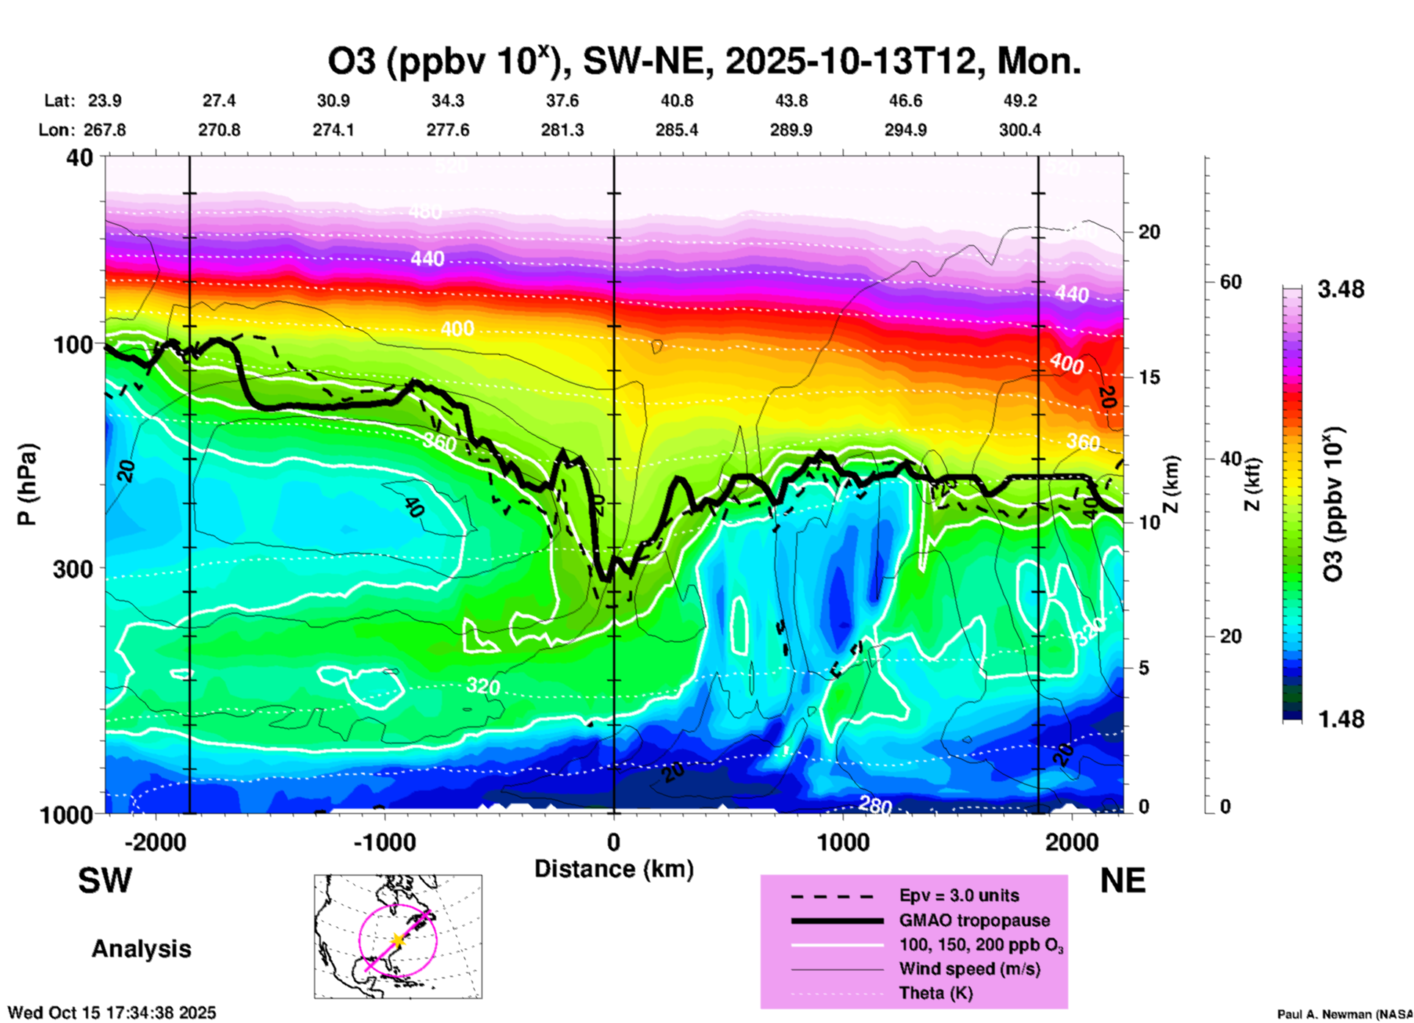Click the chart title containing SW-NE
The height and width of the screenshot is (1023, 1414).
tap(703, 62)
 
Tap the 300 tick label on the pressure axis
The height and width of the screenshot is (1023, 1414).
tap(73, 569)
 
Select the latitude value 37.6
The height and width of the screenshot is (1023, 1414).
tap(562, 101)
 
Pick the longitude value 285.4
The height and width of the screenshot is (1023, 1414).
tap(676, 130)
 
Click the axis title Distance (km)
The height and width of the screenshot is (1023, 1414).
tap(614, 869)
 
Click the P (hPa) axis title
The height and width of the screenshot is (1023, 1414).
tap(27, 484)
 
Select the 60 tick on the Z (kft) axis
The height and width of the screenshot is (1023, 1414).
tap(1230, 282)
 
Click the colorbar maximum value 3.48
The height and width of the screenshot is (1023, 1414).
tap(1341, 290)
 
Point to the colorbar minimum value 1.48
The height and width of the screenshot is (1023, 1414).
tap(1341, 719)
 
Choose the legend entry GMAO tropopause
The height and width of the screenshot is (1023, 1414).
tap(974, 920)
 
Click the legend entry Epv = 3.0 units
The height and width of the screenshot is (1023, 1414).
tap(959, 895)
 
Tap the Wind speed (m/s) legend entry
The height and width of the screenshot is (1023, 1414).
tap(969, 969)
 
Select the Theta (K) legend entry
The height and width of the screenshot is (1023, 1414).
tap(935, 993)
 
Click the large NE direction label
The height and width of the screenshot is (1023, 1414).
tap(1123, 881)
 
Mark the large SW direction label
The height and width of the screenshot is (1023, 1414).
tap(105, 881)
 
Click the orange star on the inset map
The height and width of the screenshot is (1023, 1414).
tap(398, 939)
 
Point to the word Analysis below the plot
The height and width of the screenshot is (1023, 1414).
tap(141, 949)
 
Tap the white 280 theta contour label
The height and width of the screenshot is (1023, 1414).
tap(875, 805)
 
